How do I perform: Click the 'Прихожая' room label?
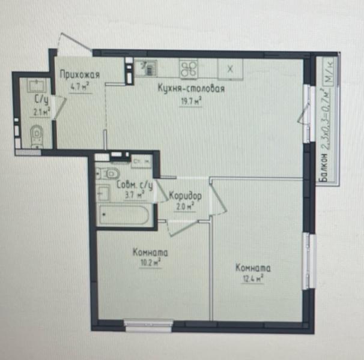pos(80,74)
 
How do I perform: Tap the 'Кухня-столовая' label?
pos(191,89)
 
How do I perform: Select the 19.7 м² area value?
pos(191,101)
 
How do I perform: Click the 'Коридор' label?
pos(184,196)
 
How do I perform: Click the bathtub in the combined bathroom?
pos(124,215)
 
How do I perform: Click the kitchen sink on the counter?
pos(146,67)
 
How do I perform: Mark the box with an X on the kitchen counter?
pos(229,68)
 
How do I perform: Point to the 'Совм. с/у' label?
pos(135,185)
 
